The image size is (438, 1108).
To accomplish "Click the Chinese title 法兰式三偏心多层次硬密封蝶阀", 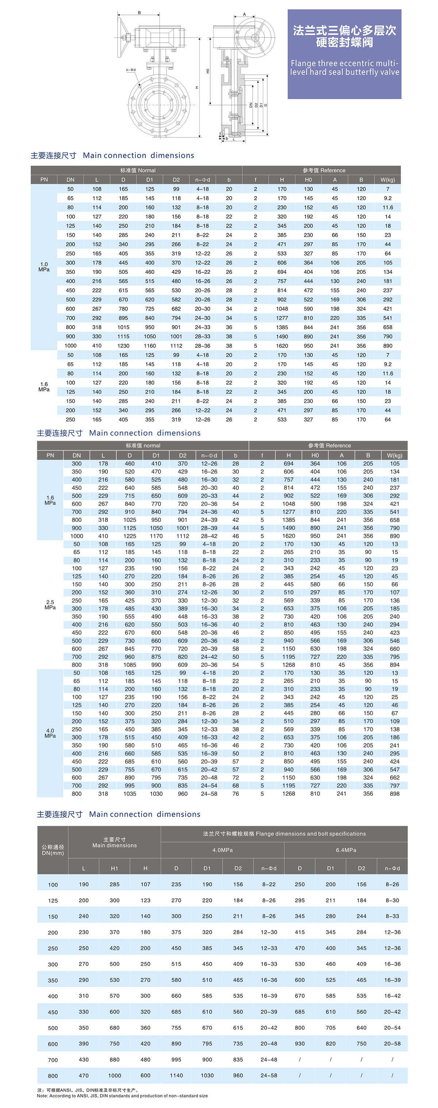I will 344,36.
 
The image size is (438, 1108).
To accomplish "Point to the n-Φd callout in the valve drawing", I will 131,70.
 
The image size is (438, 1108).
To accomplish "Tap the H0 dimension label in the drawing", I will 207,71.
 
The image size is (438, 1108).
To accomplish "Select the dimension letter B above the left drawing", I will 139,13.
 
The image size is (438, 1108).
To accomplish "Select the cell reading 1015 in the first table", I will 123,327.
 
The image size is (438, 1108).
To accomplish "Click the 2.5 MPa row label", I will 50,605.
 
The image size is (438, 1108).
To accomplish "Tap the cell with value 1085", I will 130,665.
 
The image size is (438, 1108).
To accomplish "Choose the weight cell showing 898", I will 395,794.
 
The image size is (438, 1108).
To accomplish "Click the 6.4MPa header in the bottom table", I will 346,850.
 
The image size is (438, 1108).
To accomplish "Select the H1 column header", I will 115,868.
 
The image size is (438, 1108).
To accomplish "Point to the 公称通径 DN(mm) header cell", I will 53,850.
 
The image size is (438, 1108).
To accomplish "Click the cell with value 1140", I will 176,1075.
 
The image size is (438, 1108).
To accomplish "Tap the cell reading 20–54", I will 392,1027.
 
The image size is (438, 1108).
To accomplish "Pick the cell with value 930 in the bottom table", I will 300,1043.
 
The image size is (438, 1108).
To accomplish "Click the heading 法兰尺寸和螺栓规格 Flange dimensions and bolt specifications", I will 284,833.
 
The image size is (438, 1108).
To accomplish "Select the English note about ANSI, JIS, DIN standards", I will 122,1096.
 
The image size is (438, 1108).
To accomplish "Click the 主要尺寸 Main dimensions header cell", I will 115,842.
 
